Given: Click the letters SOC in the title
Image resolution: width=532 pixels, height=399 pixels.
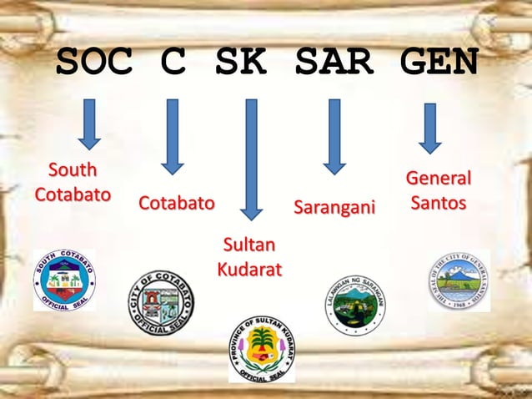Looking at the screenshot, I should pos(94,63).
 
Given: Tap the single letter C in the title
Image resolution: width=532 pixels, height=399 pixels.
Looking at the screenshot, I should pos(171,63).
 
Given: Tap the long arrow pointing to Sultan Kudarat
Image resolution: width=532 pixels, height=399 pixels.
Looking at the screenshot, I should pos(249,159).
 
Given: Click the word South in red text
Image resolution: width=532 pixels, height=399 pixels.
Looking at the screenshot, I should pos(72,171).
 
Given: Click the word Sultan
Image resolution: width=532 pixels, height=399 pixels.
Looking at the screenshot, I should pos(248,245).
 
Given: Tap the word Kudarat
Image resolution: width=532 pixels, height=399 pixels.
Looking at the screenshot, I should pos(248,270).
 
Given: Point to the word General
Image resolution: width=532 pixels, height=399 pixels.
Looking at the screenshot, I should pos(438,179).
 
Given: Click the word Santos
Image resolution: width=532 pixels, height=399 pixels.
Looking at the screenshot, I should pos(438,203).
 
